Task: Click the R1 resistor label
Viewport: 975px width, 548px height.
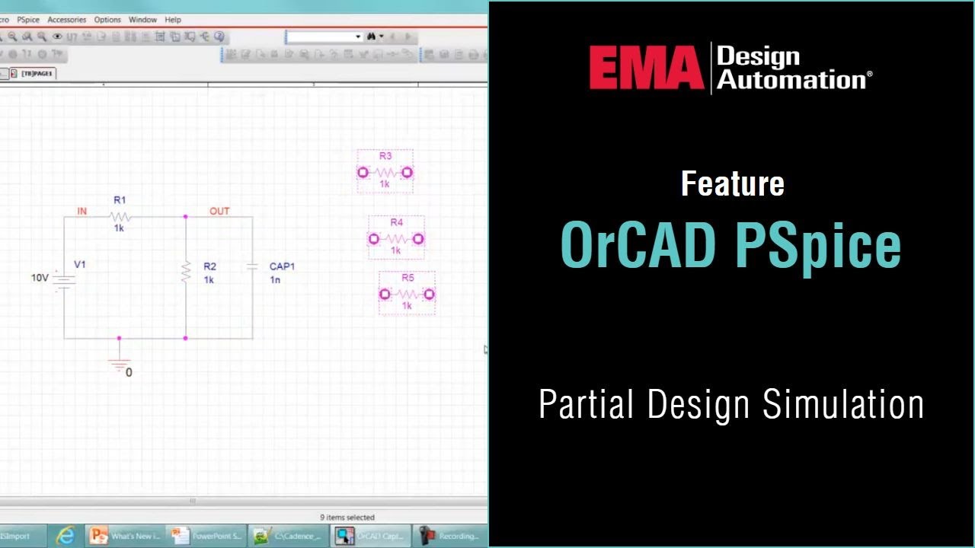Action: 120,200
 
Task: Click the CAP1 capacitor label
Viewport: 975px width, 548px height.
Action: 282,266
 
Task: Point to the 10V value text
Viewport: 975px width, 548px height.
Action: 40,278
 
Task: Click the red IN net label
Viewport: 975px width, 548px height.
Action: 82,212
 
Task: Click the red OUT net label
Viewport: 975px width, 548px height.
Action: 219,212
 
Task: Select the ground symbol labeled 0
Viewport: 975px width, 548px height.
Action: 120,365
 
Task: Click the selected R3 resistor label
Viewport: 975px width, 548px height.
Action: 385,156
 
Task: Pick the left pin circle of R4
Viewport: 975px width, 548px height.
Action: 373,239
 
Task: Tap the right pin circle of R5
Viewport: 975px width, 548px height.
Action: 430,295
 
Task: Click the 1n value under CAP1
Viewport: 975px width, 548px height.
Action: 275,280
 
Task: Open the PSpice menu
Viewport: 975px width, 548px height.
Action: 28,20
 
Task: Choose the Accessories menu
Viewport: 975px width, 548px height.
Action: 66,20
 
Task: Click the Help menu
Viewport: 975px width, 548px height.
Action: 173,20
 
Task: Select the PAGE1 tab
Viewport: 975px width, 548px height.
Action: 37,74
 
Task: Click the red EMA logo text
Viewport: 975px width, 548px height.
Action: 646,68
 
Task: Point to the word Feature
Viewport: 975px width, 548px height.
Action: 732,183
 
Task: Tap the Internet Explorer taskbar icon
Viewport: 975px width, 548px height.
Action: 66,536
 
